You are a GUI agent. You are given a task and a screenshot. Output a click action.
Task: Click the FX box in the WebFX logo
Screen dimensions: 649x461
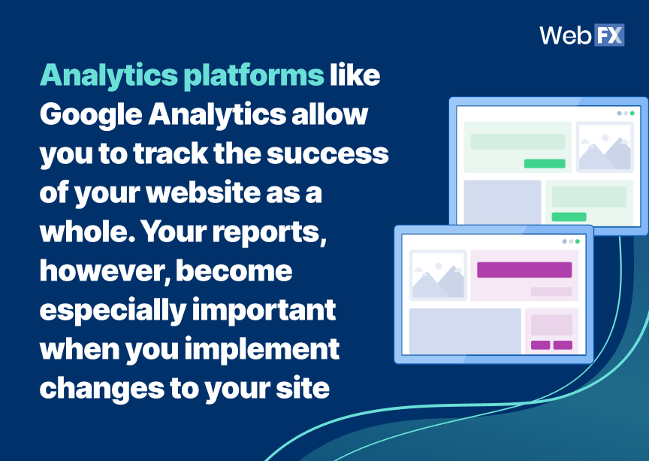[609, 35]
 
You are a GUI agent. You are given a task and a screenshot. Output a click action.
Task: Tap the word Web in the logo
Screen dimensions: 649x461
[566, 35]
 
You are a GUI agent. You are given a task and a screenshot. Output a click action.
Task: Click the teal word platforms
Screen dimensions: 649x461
[254, 76]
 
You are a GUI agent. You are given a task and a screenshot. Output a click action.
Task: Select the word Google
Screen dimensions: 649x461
[91, 115]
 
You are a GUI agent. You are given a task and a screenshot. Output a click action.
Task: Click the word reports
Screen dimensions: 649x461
[270, 233]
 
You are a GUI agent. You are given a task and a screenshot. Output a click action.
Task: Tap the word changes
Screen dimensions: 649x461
[102, 390]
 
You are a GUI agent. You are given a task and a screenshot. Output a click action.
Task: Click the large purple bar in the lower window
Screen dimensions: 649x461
[524, 269]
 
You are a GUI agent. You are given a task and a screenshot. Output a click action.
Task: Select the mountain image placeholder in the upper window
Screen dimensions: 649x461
[604, 147]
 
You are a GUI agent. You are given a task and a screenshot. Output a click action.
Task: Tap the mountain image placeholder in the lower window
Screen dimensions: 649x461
[438, 275]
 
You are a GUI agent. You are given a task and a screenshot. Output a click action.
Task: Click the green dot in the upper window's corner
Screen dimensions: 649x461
[632, 113]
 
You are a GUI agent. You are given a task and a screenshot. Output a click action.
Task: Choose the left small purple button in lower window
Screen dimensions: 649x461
[540, 345]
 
